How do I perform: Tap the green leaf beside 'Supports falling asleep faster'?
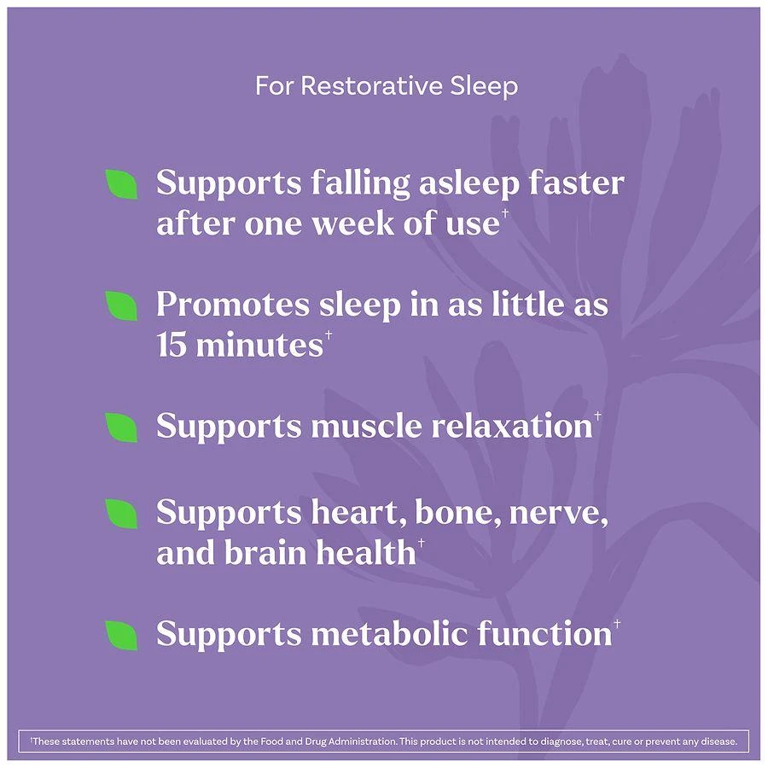[121, 184]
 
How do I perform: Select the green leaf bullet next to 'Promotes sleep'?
[121, 305]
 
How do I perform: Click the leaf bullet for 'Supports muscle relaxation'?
[121, 428]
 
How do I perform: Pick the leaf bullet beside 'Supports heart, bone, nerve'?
[121, 514]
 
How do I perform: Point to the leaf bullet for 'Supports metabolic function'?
[121, 635]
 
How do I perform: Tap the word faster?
[576, 183]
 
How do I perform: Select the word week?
[353, 224]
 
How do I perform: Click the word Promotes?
[233, 305]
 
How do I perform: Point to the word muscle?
[366, 425]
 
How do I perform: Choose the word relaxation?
[512, 425]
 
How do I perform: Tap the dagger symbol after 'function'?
[617, 624]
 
